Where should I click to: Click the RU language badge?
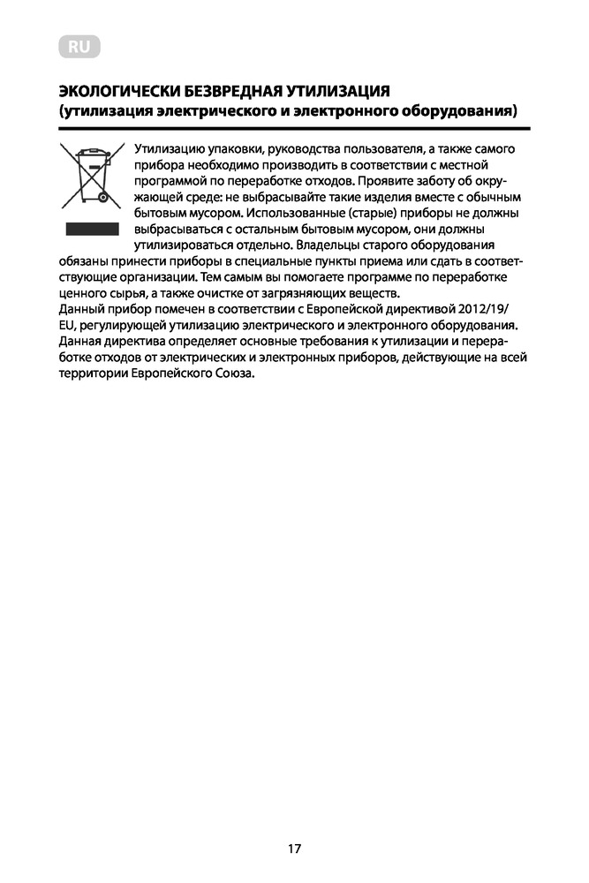79,47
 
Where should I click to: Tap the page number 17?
294,849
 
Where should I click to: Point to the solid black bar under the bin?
91,229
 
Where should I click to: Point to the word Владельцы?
329,245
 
